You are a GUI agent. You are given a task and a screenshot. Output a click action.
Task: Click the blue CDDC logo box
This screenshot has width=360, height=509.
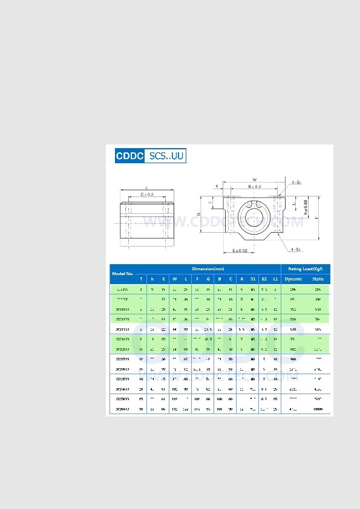pyautogui.click(x=129, y=156)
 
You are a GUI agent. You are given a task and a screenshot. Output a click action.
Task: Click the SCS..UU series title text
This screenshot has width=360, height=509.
pyautogui.click(x=165, y=156)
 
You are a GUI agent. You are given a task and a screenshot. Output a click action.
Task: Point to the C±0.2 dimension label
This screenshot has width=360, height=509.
pyautogui.click(x=146, y=194)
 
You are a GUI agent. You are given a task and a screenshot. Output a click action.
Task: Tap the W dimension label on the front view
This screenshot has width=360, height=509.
pyautogui.click(x=255, y=180)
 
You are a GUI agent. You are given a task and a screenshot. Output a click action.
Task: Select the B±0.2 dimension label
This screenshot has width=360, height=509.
pyautogui.click(x=255, y=187)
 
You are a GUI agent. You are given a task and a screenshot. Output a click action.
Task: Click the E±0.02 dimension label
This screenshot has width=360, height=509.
pyautogui.click(x=240, y=250)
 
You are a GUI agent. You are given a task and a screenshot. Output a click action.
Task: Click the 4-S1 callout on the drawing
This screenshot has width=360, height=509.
pyautogui.click(x=296, y=182)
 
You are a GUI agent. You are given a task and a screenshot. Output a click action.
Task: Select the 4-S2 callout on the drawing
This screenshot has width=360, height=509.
pyautogui.click(x=296, y=249)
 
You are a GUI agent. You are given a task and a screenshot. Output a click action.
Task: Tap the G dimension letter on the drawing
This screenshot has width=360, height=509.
pyautogui.click(x=199, y=215)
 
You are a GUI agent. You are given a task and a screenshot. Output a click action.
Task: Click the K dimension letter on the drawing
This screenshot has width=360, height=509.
pyautogui.click(x=217, y=187)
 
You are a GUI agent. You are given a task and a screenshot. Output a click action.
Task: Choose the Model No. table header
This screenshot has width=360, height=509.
pyautogui.click(x=123, y=274)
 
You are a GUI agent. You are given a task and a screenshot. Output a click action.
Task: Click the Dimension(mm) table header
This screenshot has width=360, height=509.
pyautogui.click(x=208, y=268)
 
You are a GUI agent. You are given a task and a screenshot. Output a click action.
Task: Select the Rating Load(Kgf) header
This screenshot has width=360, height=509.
pyautogui.click(x=305, y=268)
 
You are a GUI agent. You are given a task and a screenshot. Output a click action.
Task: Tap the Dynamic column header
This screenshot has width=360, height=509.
pyautogui.click(x=293, y=279)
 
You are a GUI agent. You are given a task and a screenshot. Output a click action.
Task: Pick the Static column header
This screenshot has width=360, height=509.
pyautogui.click(x=318, y=279)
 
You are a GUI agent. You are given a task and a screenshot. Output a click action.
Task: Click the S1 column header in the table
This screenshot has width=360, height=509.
pyautogui.click(x=253, y=279)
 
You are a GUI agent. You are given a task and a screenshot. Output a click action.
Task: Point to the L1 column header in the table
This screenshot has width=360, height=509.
pyautogui.click(x=275, y=279)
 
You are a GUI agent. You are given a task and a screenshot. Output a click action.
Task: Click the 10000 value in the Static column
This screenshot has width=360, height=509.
pyautogui.click(x=318, y=409)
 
